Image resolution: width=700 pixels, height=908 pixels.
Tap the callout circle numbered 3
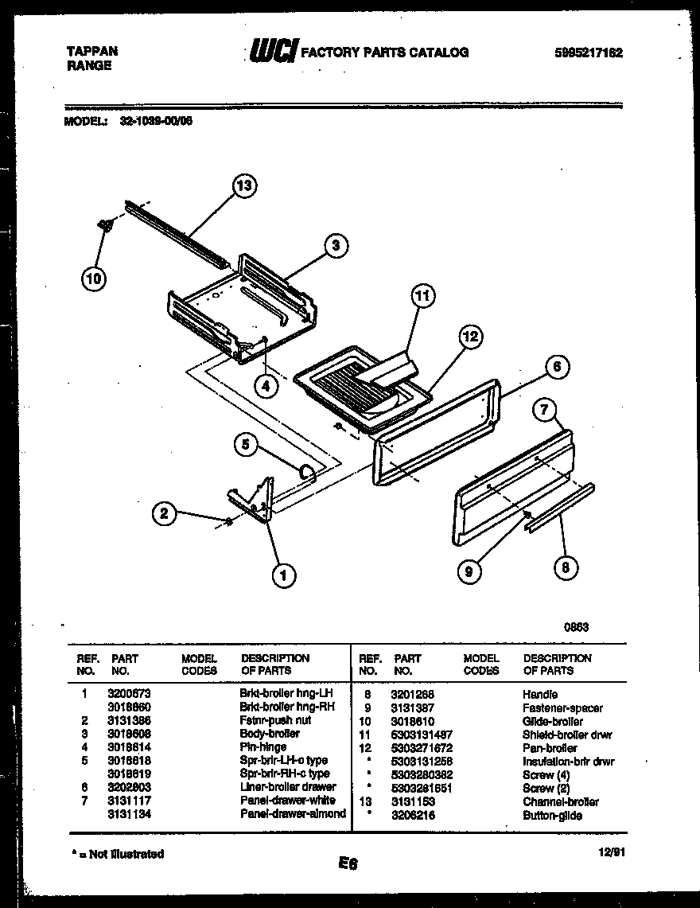point(336,246)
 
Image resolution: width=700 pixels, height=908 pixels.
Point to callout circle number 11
point(423,297)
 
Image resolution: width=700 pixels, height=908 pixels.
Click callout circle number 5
point(247,445)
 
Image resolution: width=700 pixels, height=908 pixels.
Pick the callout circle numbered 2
point(165,513)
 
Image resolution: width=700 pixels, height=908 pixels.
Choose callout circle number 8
point(566,567)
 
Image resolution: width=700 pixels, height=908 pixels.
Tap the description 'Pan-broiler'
point(550,748)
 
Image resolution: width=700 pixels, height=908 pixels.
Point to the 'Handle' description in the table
point(540,694)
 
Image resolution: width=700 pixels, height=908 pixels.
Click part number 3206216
point(412,816)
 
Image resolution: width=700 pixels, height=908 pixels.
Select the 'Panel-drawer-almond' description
point(293,814)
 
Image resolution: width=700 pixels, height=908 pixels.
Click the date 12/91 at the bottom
point(609,851)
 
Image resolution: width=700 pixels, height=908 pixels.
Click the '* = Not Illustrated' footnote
point(118,854)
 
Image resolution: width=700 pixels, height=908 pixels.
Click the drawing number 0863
point(577,626)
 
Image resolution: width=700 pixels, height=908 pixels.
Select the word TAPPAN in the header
point(91,51)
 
